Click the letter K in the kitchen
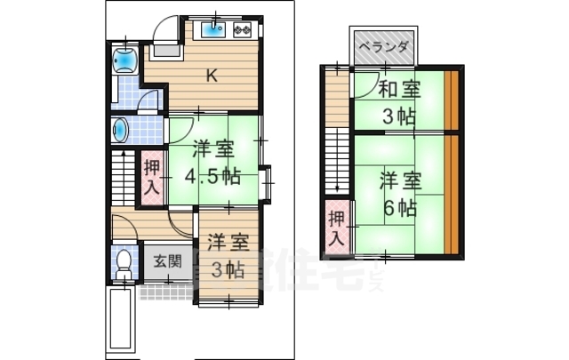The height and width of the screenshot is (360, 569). (212, 76)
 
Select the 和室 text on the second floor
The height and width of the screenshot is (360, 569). (398, 89)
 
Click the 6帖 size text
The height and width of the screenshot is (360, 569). (400, 208)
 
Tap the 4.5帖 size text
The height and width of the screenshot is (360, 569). (212, 175)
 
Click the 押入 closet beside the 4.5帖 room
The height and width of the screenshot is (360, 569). (152, 177)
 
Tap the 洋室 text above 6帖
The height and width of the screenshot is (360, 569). (399, 180)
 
